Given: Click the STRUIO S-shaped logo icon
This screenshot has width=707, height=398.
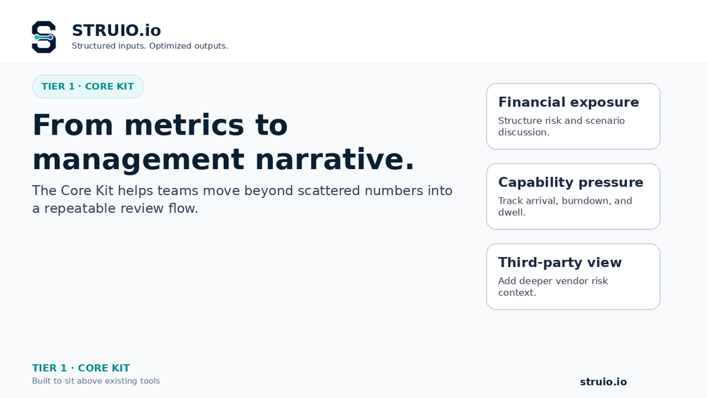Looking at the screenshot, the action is pos(44,37).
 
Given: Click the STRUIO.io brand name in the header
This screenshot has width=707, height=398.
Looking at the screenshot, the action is pos(116,30).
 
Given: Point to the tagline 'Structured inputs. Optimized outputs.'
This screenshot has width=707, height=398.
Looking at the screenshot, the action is pos(150,46).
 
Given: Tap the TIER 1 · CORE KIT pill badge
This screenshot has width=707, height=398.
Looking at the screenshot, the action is pos(88,87).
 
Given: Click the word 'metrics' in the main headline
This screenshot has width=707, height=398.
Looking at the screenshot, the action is pos(184,125).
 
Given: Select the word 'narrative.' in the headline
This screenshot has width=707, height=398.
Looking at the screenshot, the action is pos(335,159).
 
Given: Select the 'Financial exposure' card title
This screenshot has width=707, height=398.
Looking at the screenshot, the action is pos(568,102).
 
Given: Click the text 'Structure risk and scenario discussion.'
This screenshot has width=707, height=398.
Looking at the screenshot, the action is pos(561,126).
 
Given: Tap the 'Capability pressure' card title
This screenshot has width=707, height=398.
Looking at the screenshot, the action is pos(571,182).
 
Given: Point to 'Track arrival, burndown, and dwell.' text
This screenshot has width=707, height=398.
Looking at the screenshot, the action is pos(565,206).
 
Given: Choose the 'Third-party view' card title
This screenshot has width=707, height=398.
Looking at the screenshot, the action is pos(560,262).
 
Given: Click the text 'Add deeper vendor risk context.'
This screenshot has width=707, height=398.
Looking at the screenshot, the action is pos(553,287).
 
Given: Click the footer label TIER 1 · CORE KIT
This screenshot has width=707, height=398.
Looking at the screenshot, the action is pos(81,368).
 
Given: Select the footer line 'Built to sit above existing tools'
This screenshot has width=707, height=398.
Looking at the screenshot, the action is pos(96,381).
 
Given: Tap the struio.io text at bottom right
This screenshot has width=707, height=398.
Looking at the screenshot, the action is pos(604,382).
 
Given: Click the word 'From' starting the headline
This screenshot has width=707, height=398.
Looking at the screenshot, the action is pos(73,125).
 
